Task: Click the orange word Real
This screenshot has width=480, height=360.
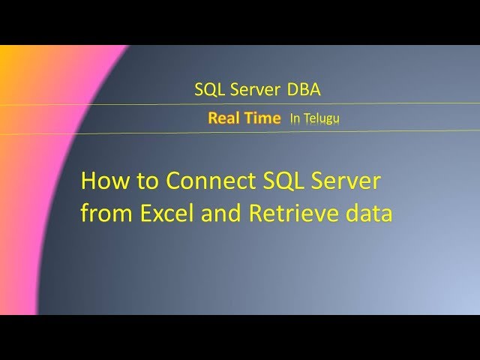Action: coord(223,118)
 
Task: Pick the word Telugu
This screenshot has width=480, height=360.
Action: coord(321,118)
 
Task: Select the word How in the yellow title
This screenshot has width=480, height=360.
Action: coord(101,181)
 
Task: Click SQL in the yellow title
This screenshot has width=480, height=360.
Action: coord(282,181)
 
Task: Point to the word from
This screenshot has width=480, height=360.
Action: coord(105,214)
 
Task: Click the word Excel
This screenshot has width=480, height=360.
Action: coord(162,214)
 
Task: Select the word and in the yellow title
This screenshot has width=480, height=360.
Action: coord(218,214)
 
